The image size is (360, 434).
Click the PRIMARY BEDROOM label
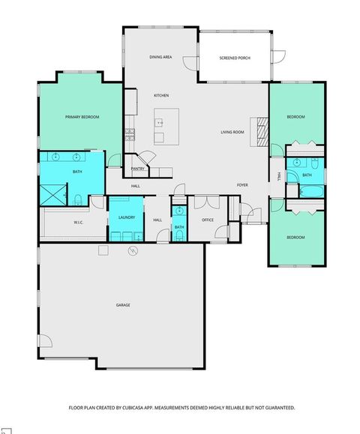click(x=82, y=117)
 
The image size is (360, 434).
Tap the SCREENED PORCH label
click(x=234, y=58)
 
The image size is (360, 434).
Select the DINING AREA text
click(x=161, y=57)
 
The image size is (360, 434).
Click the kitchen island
click(x=166, y=126)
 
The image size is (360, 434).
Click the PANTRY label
click(x=138, y=169)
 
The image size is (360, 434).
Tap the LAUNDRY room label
click(x=126, y=217)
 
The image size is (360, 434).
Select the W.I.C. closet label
click(x=78, y=223)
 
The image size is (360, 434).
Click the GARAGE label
click(x=123, y=305)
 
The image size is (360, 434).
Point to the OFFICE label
click(x=208, y=220)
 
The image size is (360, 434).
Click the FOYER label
click(x=242, y=184)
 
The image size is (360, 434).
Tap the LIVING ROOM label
click(x=232, y=132)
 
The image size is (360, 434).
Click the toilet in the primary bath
click(x=78, y=199)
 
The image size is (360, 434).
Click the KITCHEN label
click(x=161, y=96)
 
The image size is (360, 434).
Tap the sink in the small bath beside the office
click(x=179, y=211)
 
